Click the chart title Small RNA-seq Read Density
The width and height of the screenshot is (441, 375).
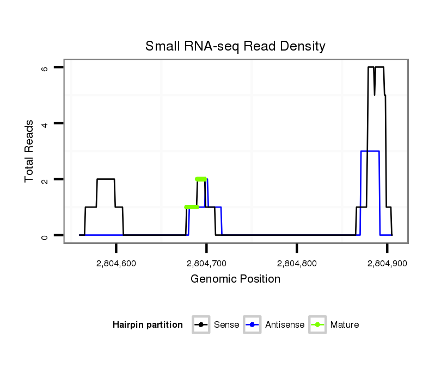click(235, 46)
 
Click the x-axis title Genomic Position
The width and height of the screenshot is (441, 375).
click(235, 279)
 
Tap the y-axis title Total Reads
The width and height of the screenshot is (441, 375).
click(29, 151)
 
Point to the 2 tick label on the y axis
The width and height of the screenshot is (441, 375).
click(46, 179)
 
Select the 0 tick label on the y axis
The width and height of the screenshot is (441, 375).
click(46, 235)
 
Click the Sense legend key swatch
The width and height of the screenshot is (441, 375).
click(201, 325)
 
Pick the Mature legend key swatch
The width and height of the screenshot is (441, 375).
click(317, 325)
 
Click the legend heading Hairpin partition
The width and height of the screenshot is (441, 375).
click(148, 325)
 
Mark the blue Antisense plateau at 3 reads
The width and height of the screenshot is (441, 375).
click(370, 151)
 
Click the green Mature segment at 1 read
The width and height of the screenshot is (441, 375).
click(191, 207)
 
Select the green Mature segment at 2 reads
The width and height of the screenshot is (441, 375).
click(201, 179)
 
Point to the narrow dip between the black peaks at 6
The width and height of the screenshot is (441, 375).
click(375, 93)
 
